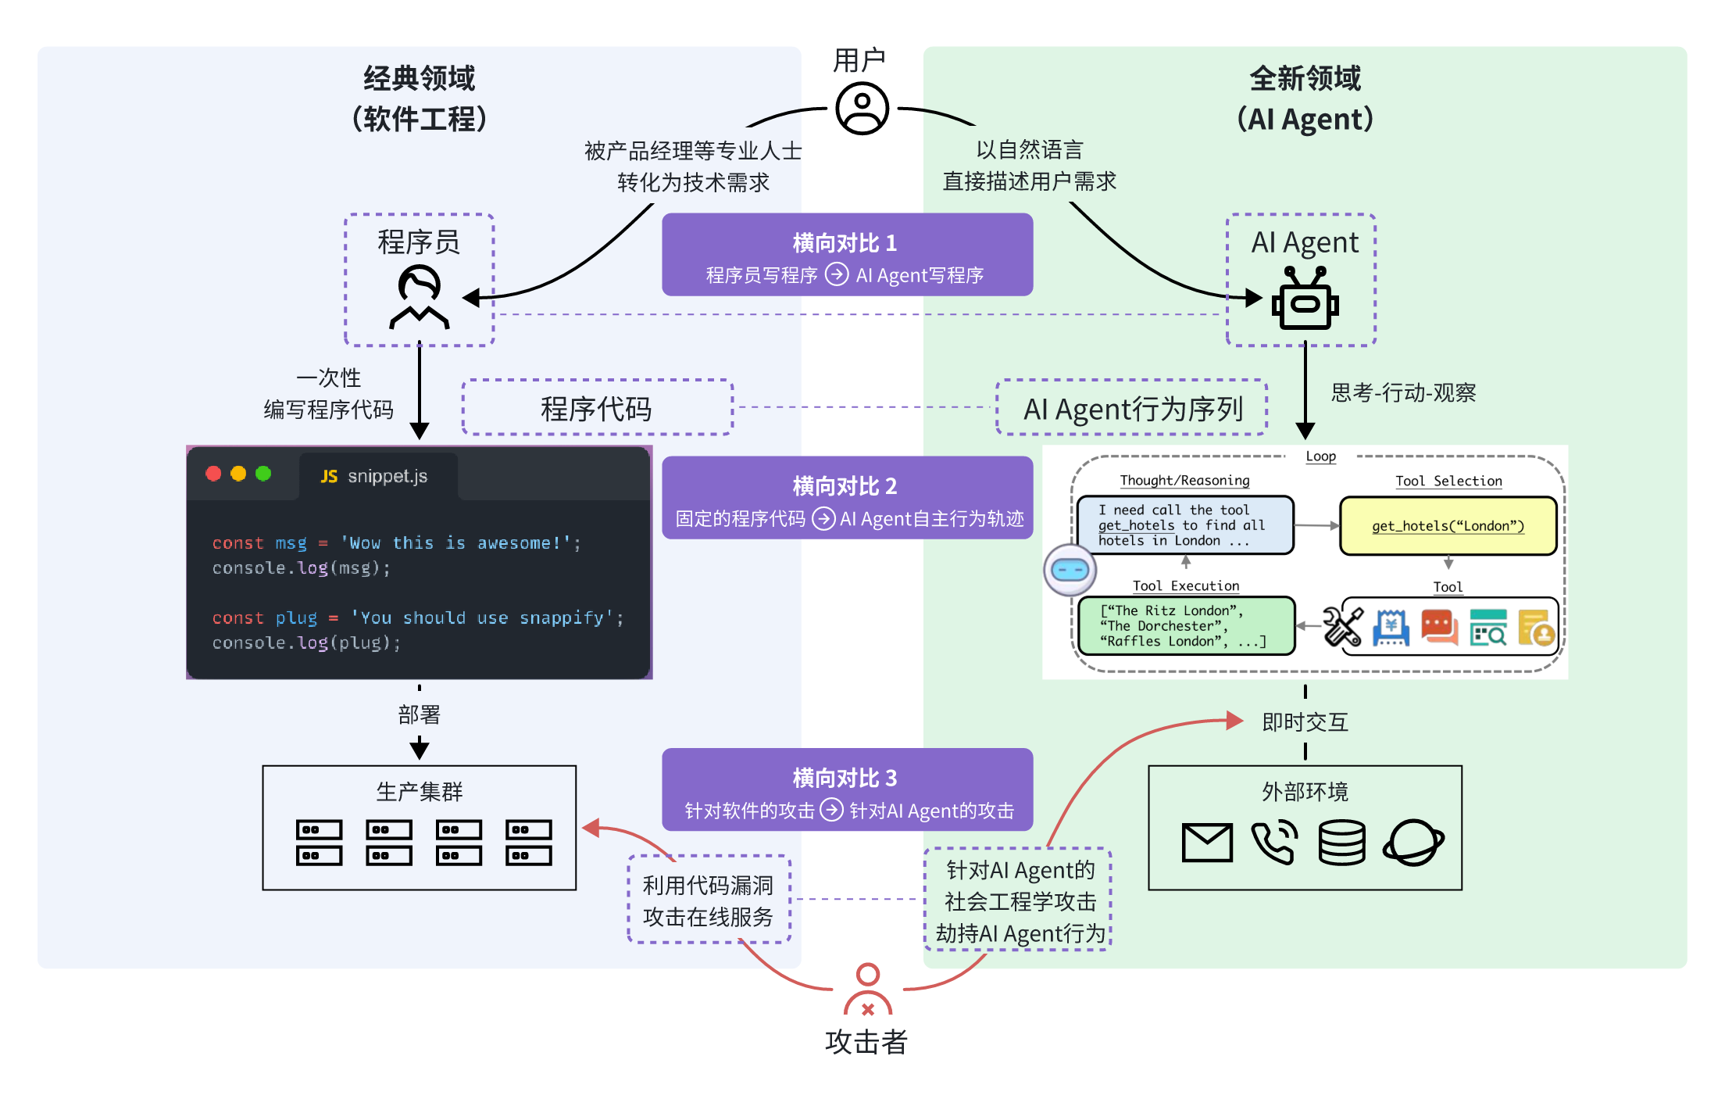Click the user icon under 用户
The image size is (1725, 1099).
tap(862, 109)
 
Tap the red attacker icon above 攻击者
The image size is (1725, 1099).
tap(867, 990)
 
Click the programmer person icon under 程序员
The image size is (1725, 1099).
tap(420, 297)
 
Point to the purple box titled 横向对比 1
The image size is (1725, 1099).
tap(847, 255)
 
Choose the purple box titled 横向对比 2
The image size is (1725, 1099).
tap(847, 498)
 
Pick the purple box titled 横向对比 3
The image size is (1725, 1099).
tap(847, 789)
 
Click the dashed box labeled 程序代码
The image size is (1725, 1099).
tap(597, 408)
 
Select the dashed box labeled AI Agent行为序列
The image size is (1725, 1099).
tap(1131, 408)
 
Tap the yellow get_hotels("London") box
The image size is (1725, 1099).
tap(1448, 526)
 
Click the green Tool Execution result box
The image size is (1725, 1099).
tap(1185, 625)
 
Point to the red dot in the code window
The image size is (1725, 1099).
tap(213, 474)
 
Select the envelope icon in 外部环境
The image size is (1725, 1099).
tap(1207, 842)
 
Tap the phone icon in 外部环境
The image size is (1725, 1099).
tap(1274, 842)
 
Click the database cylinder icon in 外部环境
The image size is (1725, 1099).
tap(1341, 842)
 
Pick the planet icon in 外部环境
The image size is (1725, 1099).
tap(1413, 842)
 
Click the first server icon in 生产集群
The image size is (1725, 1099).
tap(319, 842)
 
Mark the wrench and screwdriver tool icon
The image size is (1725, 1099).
tap(1343, 627)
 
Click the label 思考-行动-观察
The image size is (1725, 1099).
tap(1403, 392)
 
